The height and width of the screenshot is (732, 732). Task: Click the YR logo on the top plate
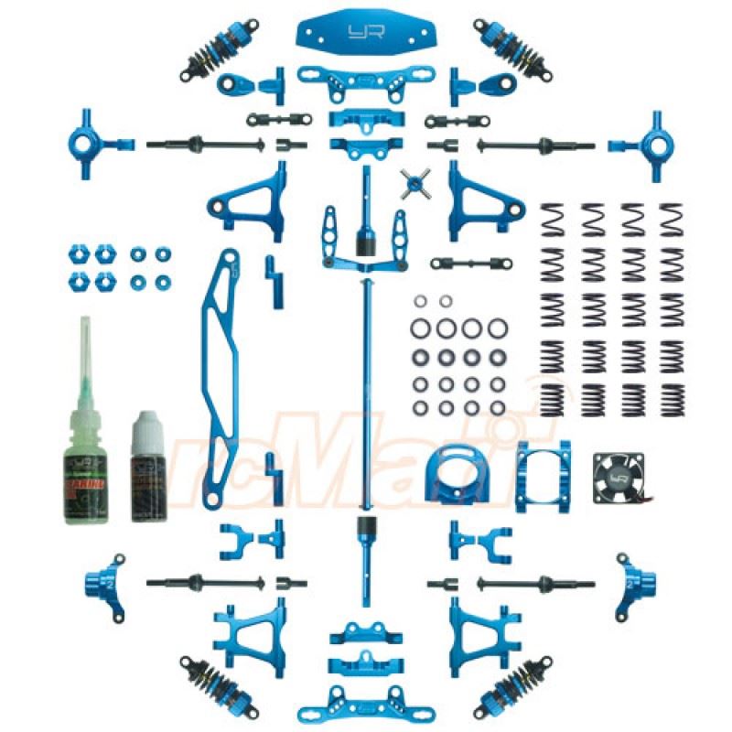[368, 32]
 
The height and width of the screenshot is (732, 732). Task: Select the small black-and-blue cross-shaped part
[415, 181]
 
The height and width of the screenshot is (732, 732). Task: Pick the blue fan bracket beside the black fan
[540, 476]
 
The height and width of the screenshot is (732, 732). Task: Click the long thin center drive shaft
[368, 403]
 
